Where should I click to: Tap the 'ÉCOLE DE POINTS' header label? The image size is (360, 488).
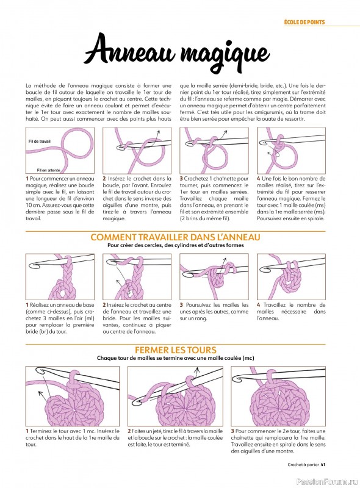coord(304,22)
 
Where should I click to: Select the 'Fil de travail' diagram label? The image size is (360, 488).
coord(39,142)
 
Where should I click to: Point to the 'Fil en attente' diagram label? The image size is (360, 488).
coord(48,170)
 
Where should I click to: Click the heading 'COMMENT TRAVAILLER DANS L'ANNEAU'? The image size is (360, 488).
coord(175,237)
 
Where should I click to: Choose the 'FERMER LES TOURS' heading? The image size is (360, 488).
coord(176,350)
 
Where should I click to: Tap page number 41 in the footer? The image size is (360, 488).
coord(323,465)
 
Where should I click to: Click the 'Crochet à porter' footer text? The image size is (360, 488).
coord(303,465)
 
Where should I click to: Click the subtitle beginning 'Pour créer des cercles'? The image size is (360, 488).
coord(175,245)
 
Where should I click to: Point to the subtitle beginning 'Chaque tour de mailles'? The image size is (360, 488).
coord(175,358)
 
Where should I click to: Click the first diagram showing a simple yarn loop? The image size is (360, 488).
coord(60,150)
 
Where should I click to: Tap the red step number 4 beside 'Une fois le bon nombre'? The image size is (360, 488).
coord(259,179)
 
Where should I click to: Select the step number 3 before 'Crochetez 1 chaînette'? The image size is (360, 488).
coord(181,179)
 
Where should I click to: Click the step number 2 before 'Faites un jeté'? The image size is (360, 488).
coord(129,431)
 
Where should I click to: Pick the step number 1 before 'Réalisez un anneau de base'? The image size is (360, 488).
coord(27,305)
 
